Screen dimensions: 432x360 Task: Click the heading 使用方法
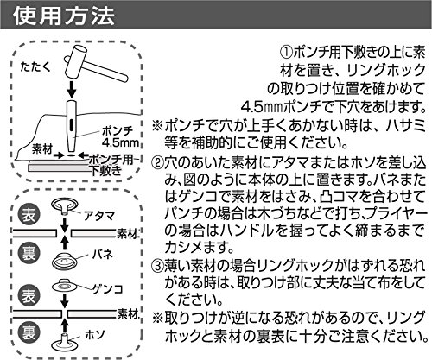coord(64,16)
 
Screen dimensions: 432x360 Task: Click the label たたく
coord(35,67)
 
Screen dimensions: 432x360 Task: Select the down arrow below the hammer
coord(72,90)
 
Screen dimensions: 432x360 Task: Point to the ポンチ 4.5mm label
coord(120,137)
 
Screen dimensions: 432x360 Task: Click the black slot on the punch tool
coord(71,125)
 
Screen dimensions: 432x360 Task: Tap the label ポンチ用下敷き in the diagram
coord(111,165)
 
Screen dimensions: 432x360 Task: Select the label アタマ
coord(98,216)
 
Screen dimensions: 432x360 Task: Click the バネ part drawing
coord(65,260)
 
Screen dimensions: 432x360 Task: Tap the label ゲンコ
coord(107,288)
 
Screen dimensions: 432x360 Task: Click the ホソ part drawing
coord(66,341)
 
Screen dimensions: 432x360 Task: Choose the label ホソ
coord(95,334)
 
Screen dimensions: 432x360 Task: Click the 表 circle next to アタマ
coord(29,216)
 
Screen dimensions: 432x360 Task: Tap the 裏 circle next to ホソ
coord(29,333)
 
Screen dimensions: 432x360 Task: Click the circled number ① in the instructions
coord(286,53)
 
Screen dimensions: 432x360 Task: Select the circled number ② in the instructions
coord(158,164)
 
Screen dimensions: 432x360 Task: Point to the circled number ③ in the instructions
coord(158,266)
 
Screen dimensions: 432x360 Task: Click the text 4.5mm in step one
coord(262,108)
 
